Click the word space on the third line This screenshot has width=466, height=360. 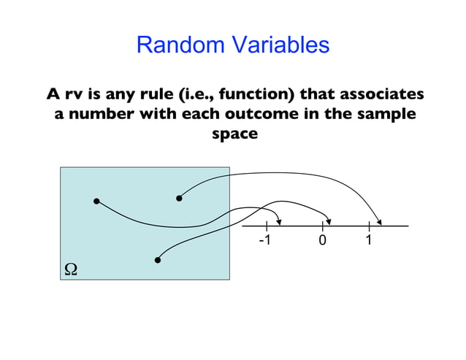pyautogui.click(x=234, y=134)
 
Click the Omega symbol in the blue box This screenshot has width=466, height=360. pyautogui.click(x=71, y=269)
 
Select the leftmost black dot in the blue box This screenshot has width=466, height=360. pyautogui.click(x=96, y=201)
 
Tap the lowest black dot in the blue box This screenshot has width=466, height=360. pyautogui.click(x=158, y=259)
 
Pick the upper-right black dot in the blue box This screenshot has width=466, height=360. pyautogui.click(x=179, y=197)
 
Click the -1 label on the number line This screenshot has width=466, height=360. pyautogui.click(x=264, y=240)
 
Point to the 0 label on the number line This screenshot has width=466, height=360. pyautogui.click(x=322, y=241)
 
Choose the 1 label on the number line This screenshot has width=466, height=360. pyautogui.click(x=369, y=240)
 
